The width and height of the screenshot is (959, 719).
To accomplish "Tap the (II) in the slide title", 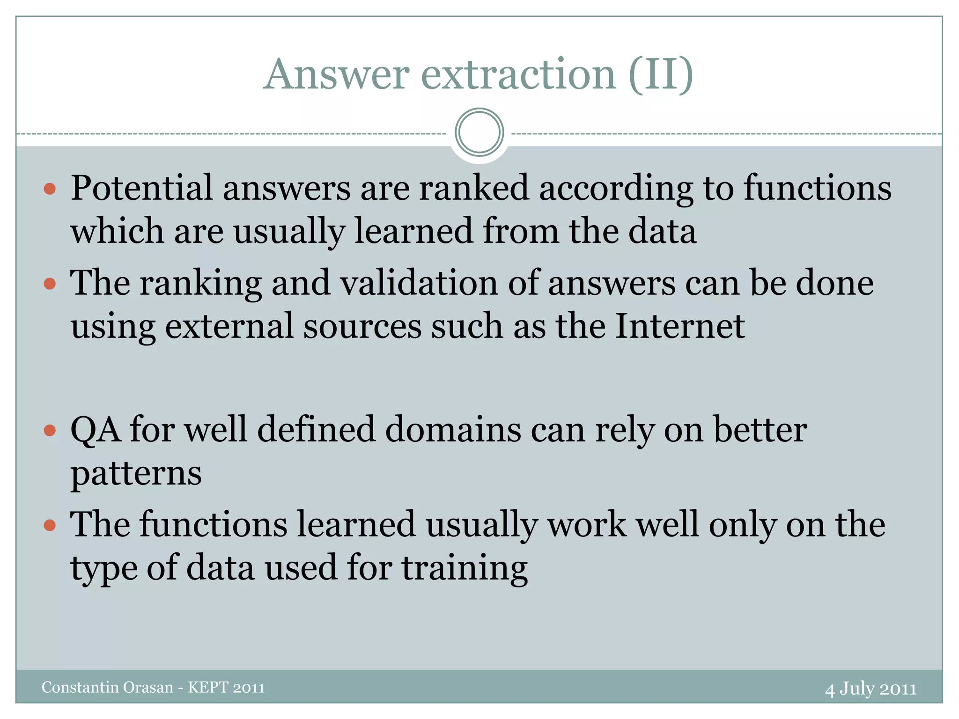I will (x=660, y=75).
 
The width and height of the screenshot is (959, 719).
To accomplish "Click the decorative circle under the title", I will (x=479, y=132).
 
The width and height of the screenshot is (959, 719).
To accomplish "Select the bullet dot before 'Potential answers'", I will (x=50, y=189).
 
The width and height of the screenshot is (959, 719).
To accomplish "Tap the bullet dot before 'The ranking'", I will (x=50, y=284).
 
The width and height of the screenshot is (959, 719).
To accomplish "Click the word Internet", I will (x=679, y=326).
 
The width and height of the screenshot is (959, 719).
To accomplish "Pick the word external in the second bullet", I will (x=229, y=326).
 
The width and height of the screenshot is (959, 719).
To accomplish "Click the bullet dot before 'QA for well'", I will (x=50, y=430).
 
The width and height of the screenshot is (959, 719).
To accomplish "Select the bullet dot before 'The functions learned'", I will (x=50, y=525).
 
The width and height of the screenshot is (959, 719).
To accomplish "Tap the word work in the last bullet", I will (x=587, y=525).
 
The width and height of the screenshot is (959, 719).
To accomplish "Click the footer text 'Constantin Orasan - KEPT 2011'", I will (x=153, y=687).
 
